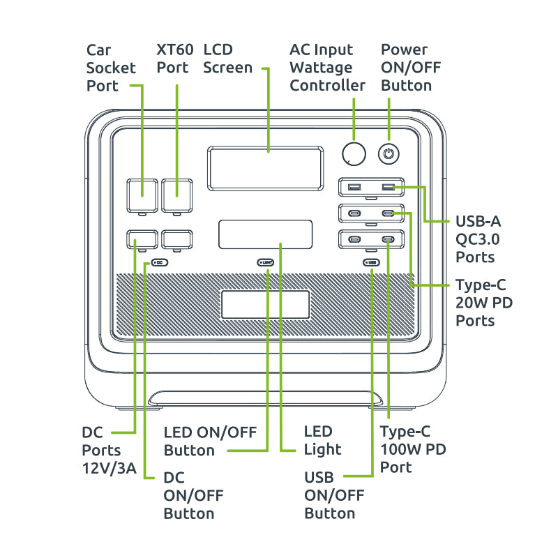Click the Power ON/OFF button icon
(x=389, y=153)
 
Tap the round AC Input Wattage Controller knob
(x=354, y=153)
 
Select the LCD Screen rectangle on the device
(x=265, y=169)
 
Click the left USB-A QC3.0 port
(x=354, y=187)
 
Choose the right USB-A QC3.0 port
(x=389, y=187)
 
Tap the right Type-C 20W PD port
(x=389, y=213)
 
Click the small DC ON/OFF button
(x=159, y=263)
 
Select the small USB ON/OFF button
(x=370, y=263)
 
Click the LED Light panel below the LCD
(x=265, y=234)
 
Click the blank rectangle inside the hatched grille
(x=265, y=305)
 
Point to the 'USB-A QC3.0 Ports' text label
(x=478, y=239)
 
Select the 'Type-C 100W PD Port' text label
(x=413, y=449)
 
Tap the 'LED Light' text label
(x=322, y=440)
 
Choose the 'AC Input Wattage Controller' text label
(x=327, y=68)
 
